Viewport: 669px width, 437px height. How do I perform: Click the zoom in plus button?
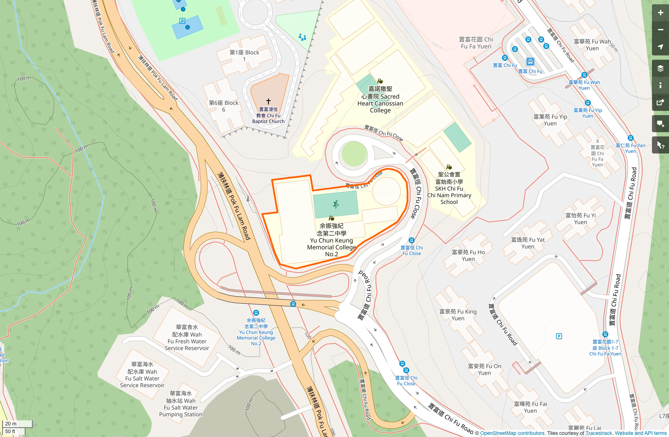point(660,13)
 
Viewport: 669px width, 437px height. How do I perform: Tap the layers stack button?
point(660,68)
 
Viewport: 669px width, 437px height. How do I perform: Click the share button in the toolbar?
point(660,103)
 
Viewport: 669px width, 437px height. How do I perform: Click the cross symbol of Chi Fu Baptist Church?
point(268,102)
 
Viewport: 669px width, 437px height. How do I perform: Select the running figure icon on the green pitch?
point(336,204)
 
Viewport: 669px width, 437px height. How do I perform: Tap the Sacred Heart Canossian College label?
point(380,99)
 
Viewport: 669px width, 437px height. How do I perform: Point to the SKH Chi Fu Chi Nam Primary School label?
point(449,188)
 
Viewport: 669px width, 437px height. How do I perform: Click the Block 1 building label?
point(244,56)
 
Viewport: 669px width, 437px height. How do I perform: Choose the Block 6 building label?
point(224,106)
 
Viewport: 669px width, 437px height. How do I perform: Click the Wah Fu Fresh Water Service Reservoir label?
point(187,338)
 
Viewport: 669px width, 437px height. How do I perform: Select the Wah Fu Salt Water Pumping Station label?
point(181,404)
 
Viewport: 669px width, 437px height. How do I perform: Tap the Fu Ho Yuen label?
point(468,255)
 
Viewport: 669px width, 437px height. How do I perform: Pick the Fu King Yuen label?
point(458,315)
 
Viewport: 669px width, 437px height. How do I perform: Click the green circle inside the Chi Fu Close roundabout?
point(354,154)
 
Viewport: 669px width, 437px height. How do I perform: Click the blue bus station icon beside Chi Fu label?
point(530,62)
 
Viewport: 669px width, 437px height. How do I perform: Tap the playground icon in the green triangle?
point(302,37)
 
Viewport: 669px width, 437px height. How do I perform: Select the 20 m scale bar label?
point(11,424)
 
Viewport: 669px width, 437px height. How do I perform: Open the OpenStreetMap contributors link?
point(512,433)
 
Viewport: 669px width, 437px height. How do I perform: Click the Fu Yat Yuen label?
point(528,243)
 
